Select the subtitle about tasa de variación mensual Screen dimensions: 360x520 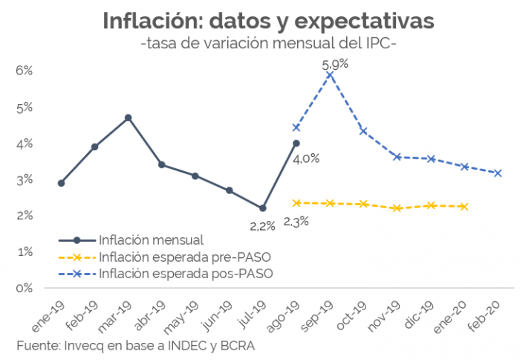[x=268, y=45]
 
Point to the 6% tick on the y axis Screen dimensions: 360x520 [x=24, y=71]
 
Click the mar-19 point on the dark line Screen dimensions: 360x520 [x=129, y=118]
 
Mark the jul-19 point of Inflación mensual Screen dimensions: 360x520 [x=263, y=208]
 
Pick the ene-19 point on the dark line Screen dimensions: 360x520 [x=61, y=183]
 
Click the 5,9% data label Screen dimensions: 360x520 [x=335, y=64]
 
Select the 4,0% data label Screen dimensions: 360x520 [x=306, y=158]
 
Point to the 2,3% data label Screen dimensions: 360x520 [x=295, y=221]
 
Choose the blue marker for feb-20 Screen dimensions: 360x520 [x=498, y=173]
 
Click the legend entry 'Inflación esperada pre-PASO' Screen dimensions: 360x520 [x=184, y=257]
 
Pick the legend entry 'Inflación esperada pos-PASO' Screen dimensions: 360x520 [x=186, y=274]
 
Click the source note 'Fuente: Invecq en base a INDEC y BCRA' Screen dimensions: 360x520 [x=137, y=347]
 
